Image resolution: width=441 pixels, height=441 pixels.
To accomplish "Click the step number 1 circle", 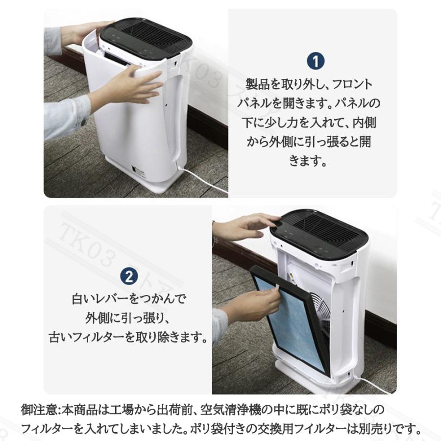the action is (316, 62).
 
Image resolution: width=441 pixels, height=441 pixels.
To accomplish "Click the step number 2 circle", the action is (129, 277).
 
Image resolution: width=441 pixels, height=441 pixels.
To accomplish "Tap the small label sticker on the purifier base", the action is (138, 171).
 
